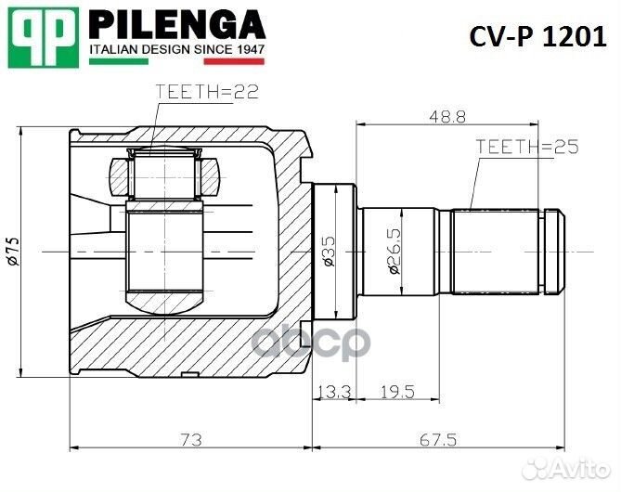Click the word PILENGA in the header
pyautogui.click(x=176, y=24)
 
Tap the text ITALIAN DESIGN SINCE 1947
pyautogui.click(x=176, y=48)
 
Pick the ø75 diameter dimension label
pyautogui.click(x=12, y=251)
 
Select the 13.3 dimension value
pyautogui.click(x=335, y=392)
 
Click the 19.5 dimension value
pyautogui.click(x=396, y=392)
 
